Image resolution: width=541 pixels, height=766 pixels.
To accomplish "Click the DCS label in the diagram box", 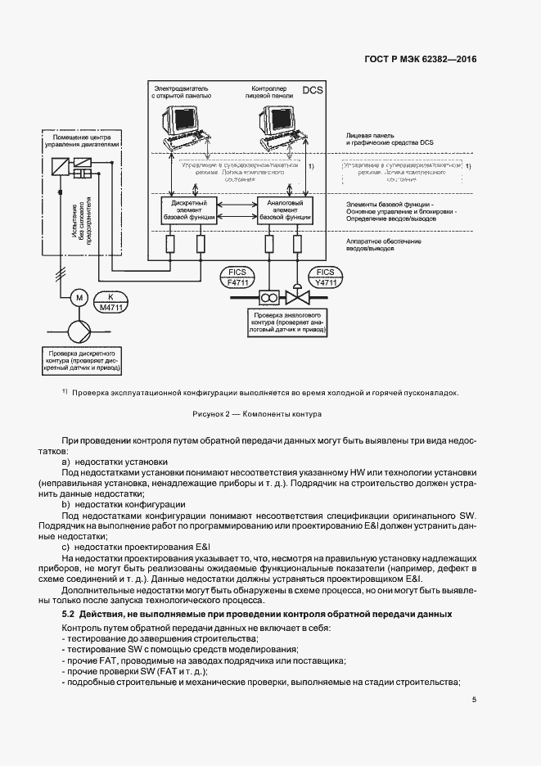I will coord(313,90).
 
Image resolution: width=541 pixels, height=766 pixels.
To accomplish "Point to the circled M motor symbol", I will coord(79,296).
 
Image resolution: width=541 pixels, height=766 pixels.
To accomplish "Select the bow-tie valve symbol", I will coord(294,295).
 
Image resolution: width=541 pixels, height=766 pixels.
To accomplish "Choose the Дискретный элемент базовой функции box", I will coord(189,210).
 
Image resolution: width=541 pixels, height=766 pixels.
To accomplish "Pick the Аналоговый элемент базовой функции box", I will coord(285,210).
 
